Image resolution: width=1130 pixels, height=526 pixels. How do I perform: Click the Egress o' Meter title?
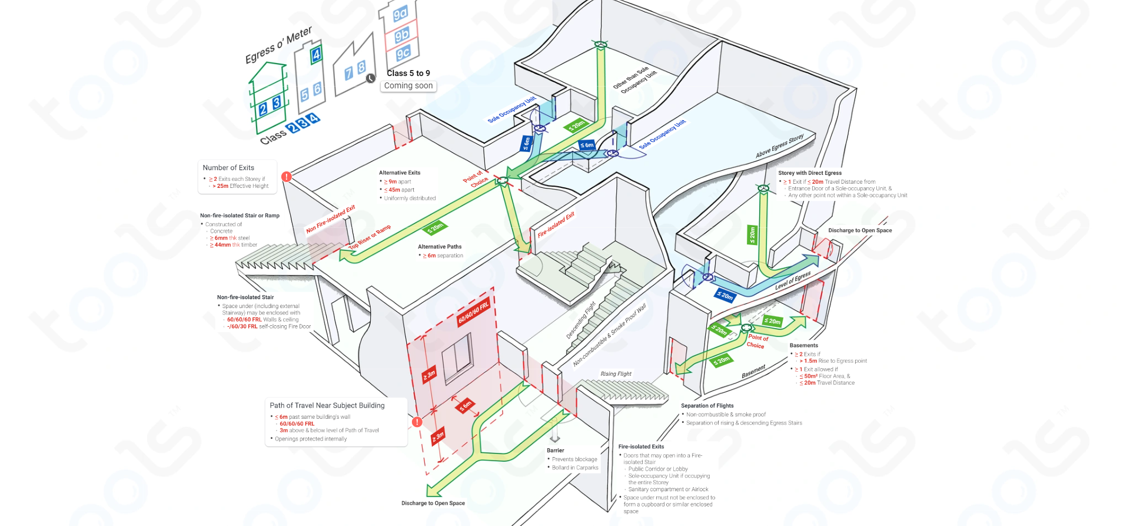coord(278,45)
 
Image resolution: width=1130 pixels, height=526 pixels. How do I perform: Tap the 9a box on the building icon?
coord(400,14)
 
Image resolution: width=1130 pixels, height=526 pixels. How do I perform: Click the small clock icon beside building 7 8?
coord(371,78)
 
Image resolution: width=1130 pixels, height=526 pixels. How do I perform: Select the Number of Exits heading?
coord(228,168)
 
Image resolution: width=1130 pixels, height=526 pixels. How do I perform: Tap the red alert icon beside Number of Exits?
coord(287,177)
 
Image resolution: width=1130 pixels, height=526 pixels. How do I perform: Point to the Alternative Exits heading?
coord(400,173)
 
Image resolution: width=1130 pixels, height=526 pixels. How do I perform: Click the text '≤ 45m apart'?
coord(400,190)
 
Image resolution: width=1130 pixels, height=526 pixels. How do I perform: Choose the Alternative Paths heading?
coord(440,247)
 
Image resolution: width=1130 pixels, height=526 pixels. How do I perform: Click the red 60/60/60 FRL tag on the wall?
coord(474,313)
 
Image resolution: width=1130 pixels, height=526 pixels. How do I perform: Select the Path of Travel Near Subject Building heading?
coord(327,406)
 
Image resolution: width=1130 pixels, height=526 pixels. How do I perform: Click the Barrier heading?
coord(555,451)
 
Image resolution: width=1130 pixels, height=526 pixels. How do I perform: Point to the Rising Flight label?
coord(616,374)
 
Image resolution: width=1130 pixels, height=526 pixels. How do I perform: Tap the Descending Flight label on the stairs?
coord(581,320)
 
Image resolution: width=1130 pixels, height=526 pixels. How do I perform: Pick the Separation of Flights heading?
coord(707,406)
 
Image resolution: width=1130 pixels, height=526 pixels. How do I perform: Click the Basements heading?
coord(803,346)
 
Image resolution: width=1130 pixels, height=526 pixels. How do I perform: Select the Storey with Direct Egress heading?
coord(810,173)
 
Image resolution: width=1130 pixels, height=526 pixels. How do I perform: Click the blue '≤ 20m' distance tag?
coord(724,296)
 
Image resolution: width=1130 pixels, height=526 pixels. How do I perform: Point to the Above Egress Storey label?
coord(780,147)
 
